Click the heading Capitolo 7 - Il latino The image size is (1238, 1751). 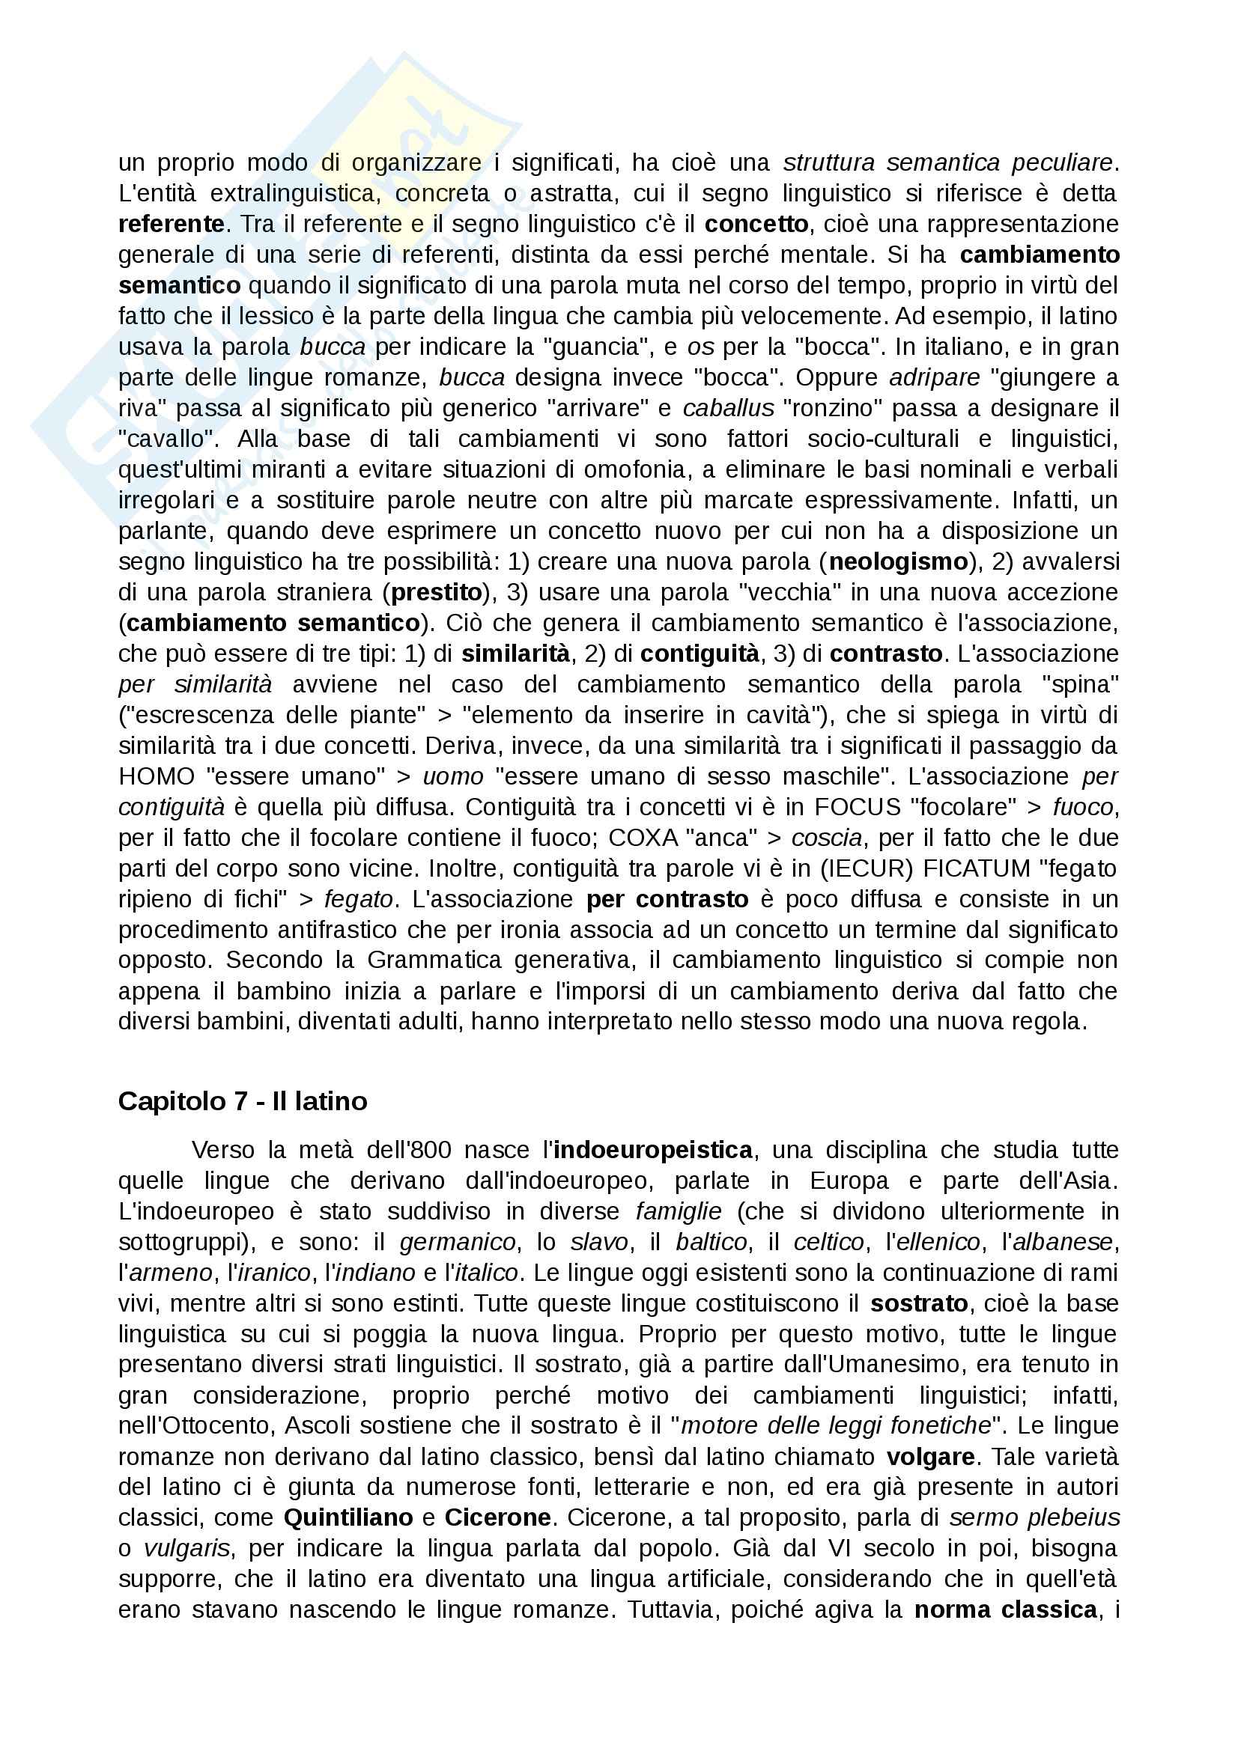[243, 1101]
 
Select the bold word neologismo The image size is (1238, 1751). [898, 562]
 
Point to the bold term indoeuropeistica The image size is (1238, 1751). [653, 1150]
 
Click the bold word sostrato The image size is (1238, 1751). [919, 1303]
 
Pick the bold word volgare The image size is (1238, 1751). [930, 1457]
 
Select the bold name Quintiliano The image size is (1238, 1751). [348, 1517]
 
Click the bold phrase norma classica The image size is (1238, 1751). [1005, 1610]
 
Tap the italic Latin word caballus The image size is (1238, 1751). [729, 409]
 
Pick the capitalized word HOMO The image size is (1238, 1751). [157, 776]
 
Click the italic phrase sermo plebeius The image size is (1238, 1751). [1034, 1517]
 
